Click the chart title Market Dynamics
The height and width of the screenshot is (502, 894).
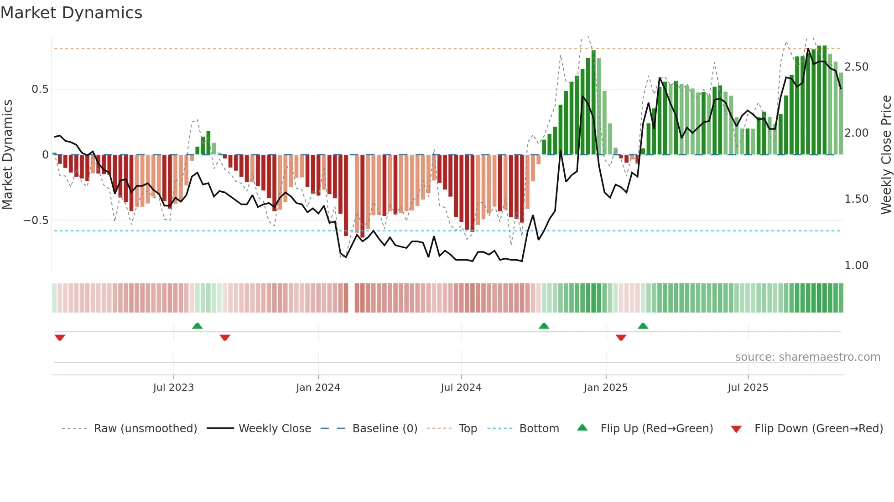pyautogui.click(x=71, y=13)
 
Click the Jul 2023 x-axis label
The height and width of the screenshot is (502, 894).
pyautogui.click(x=173, y=388)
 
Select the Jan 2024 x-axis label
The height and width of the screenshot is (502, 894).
pyautogui.click(x=318, y=388)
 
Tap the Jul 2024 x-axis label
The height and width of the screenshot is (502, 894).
pyautogui.click(x=461, y=388)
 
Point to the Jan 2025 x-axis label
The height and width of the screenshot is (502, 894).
pyautogui.click(x=605, y=388)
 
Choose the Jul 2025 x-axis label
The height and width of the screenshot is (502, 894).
pyautogui.click(x=748, y=388)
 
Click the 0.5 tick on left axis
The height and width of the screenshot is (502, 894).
pyautogui.click(x=40, y=89)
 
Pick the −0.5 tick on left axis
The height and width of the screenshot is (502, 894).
pyautogui.click(x=36, y=220)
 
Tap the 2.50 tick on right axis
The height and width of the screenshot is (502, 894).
pyautogui.click(x=856, y=67)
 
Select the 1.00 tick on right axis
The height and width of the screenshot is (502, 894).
pyautogui.click(x=856, y=266)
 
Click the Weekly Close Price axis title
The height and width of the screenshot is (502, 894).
pyautogui.click(x=886, y=155)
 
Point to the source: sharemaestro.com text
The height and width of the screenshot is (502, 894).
pyautogui.click(x=807, y=357)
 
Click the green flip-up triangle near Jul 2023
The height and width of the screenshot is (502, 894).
pyautogui.click(x=197, y=326)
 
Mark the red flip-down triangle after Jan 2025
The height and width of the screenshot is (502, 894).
pyautogui.click(x=621, y=338)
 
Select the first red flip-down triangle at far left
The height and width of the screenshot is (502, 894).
pyautogui.click(x=60, y=338)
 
